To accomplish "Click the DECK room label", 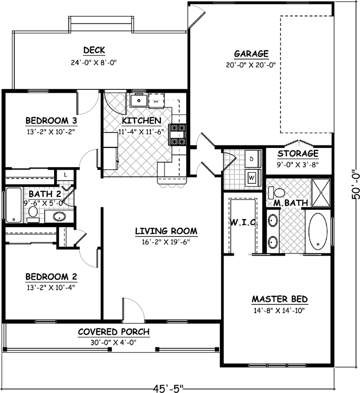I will [94, 50].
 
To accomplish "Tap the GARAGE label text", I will [251, 54].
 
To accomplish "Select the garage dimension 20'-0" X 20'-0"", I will [251, 65].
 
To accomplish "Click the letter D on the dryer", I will [251, 159].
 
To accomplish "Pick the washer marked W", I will [251, 176].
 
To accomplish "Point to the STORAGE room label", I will [298, 154].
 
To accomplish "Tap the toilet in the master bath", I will [279, 193].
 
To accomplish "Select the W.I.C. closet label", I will [243, 223].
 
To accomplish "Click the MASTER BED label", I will [280, 299].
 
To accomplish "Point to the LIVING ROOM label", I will [166, 231].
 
